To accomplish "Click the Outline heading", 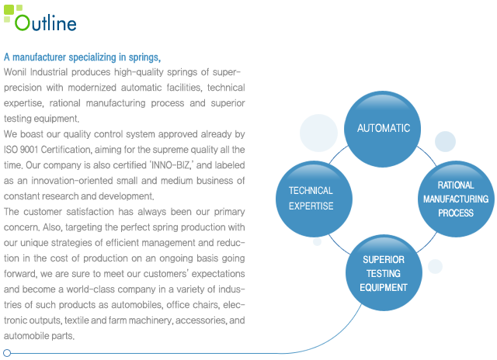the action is (x=46, y=22).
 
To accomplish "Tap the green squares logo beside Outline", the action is (x=12, y=13).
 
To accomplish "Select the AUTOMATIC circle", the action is (x=383, y=129).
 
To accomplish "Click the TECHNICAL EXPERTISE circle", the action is (x=314, y=199).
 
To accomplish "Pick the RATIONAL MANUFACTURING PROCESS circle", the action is (x=456, y=199).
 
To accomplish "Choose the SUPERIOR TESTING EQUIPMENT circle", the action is (x=384, y=272).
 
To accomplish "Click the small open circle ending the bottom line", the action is (x=7, y=353).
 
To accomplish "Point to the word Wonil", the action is (x=15, y=72).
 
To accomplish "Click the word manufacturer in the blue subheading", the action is (x=40, y=57).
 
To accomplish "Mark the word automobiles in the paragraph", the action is (x=137, y=305).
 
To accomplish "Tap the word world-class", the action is (x=89, y=289).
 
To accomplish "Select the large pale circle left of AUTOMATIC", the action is (x=318, y=133).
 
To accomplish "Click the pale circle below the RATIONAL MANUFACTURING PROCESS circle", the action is (x=435, y=266).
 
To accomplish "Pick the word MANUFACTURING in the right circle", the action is (x=456, y=199).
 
